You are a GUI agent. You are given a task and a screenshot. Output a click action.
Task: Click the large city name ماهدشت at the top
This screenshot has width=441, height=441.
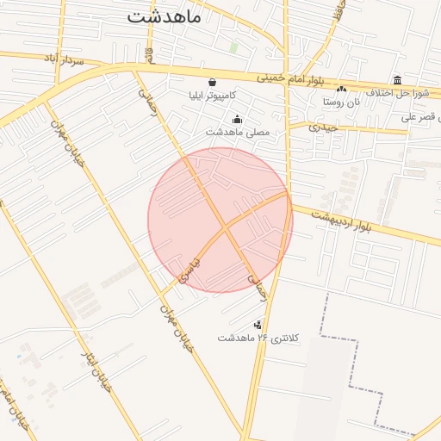coord(164,16)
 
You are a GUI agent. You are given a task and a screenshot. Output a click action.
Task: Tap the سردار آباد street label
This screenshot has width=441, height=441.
coord(62,59)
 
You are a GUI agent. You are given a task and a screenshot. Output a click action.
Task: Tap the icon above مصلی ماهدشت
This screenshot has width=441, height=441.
coord(237,120)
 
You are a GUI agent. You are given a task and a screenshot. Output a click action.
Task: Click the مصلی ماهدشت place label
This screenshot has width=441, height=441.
coord(237,133)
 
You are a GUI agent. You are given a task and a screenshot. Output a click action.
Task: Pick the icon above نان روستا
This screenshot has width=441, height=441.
coord(342,89)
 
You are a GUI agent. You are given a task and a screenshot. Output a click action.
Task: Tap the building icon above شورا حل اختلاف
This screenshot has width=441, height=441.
coord(397,79)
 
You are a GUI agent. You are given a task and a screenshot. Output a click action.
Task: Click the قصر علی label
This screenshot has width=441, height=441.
coord(422,115)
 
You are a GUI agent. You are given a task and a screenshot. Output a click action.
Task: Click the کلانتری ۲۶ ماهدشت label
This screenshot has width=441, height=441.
coord(258,339)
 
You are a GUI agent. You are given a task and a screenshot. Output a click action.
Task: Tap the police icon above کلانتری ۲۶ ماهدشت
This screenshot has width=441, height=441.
coord(258,325)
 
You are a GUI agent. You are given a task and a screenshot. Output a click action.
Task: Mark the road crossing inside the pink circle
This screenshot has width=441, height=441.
coord(224,228)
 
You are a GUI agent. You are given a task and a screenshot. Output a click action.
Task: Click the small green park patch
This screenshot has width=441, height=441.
coord(233,48)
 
